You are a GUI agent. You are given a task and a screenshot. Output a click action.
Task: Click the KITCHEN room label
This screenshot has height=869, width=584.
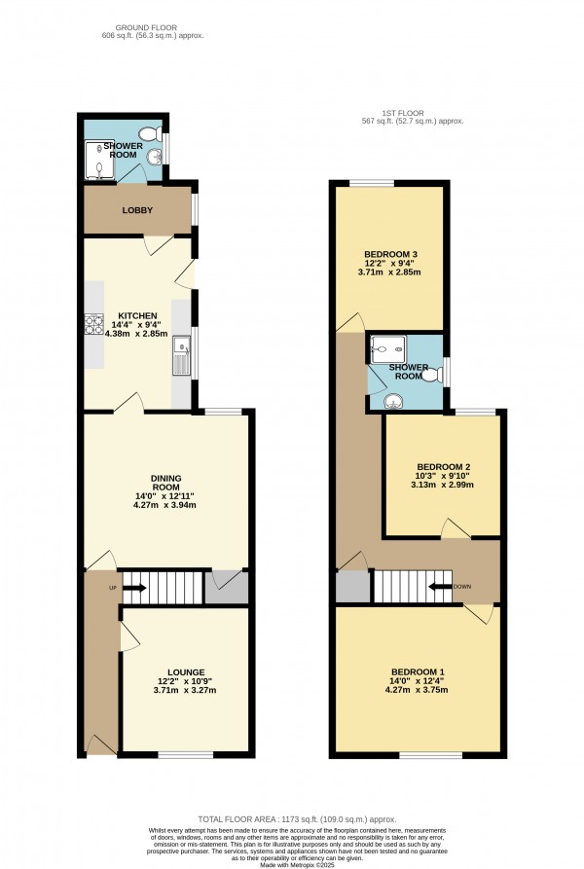pyautogui.click(x=137, y=316)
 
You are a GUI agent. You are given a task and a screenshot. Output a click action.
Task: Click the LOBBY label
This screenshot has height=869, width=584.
pyautogui.click(x=137, y=210)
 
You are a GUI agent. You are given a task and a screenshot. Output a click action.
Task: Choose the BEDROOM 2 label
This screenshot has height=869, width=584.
pyautogui.click(x=443, y=466)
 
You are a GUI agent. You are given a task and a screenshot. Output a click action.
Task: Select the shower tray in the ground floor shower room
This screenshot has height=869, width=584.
pyautogui.click(x=100, y=162)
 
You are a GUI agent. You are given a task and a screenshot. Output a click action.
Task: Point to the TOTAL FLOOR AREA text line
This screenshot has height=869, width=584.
pyautogui.click(x=292, y=818)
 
